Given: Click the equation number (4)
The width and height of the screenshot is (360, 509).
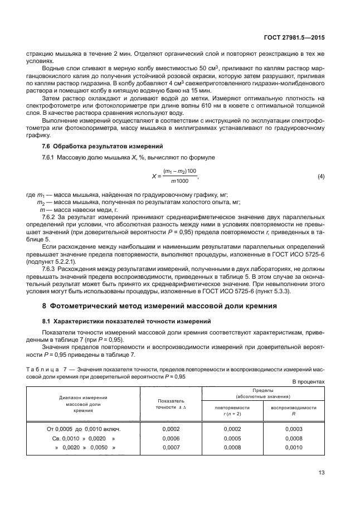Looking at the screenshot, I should (320, 177).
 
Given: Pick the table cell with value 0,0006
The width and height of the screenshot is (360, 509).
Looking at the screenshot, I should (170, 439).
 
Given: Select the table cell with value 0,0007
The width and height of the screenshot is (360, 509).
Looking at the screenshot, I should (170, 448).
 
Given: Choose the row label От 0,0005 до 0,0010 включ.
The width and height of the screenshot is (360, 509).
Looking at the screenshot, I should (83, 429).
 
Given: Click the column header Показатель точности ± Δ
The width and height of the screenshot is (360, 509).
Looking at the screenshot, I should (170, 404).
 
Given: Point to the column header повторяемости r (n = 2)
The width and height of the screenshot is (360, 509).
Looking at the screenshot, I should (232, 410).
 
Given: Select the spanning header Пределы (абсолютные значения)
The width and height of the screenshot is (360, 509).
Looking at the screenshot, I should (262, 394).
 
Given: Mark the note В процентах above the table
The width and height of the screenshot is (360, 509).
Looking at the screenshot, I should (308, 382).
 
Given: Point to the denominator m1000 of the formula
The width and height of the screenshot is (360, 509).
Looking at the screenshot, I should (179, 181).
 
